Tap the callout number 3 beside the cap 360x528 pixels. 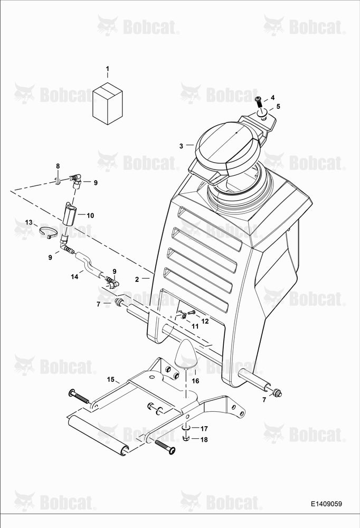(x=181, y=146)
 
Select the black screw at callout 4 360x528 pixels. (x=258, y=101)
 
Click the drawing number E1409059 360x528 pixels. (x=326, y=504)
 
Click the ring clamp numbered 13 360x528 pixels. (x=48, y=233)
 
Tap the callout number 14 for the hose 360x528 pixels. (x=74, y=277)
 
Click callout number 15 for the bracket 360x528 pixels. (x=111, y=380)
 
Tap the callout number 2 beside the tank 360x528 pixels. (x=137, y=279)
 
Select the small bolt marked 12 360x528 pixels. (x=191, y=313)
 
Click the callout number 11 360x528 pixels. (x=195, y=326)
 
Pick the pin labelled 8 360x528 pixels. (x=58, y=180)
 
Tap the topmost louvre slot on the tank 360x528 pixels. (x=211, y=229)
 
